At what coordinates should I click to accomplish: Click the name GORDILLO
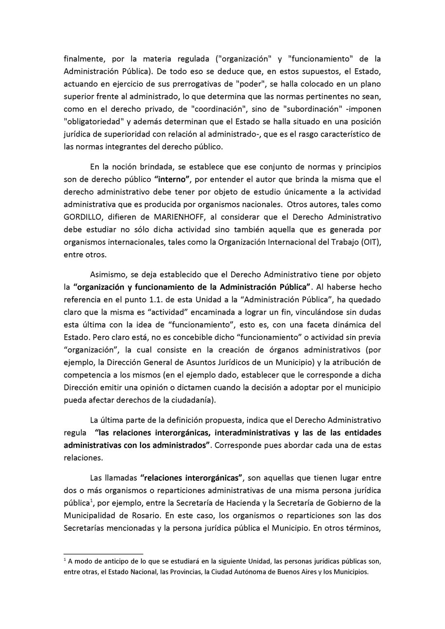[84, 217]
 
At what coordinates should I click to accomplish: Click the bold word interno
[172, 179]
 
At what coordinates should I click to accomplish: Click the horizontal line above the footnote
[103, 554]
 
